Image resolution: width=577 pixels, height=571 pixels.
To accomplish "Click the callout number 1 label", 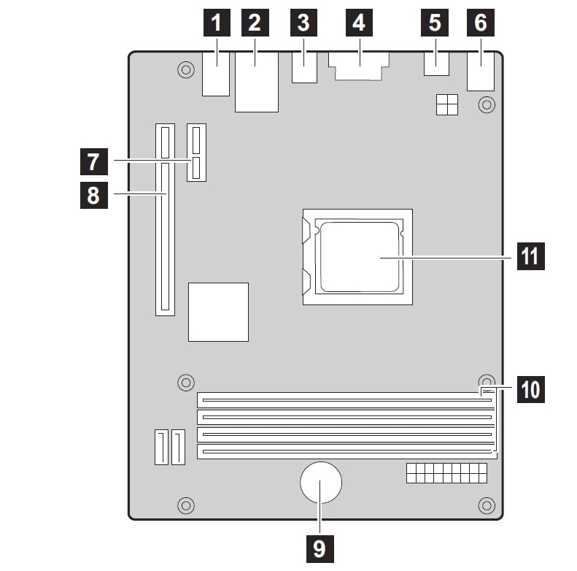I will (216, 23).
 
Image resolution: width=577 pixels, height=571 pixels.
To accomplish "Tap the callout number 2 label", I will (255, 23).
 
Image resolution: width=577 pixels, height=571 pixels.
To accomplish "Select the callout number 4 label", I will (358, 23).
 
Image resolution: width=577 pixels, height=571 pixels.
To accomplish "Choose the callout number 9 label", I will (320, 548).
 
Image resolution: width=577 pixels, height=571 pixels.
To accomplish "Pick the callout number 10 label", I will (530, 389).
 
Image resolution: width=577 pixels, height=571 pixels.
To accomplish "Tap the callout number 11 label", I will (530, 256).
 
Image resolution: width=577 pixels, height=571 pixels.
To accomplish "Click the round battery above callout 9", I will (320, 483).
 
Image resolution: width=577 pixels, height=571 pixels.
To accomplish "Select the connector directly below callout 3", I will (304, 67).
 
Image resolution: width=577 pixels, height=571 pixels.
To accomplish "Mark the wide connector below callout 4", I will (359, 66).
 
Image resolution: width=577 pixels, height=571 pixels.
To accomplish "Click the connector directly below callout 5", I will (435, 64).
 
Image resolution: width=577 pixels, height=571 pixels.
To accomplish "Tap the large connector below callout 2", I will (257, 82).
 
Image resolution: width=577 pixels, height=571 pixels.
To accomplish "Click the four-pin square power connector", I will (447, 105).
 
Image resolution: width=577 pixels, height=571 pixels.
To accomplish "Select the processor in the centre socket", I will (360, 256).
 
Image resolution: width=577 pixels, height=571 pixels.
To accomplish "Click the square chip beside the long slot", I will (218, 312).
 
